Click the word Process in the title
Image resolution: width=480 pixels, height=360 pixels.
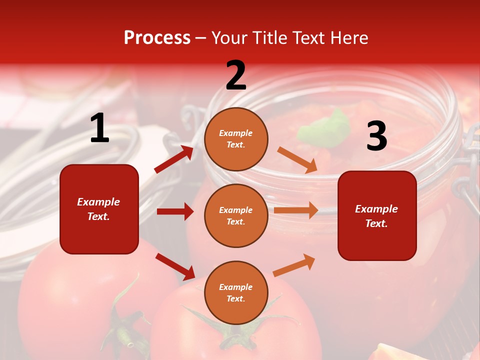(157, 38)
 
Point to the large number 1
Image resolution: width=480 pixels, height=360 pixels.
(99, 128)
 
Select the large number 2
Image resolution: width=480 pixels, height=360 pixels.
(236, 75)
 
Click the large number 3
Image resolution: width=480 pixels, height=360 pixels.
(376, 136)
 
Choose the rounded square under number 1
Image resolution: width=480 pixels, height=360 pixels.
(99, 209)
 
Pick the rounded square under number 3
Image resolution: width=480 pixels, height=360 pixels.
(377, 215)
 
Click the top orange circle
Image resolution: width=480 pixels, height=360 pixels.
(236, 139)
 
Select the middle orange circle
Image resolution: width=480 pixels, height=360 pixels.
(236, 215)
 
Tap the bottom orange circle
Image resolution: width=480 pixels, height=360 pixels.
(236, 292)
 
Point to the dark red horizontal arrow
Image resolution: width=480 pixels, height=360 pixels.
(175, 211)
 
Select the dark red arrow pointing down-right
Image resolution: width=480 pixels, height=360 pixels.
(175, 266)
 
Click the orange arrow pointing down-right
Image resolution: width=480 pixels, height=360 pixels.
(297, 160)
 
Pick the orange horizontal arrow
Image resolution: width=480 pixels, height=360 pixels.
(296, 210)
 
